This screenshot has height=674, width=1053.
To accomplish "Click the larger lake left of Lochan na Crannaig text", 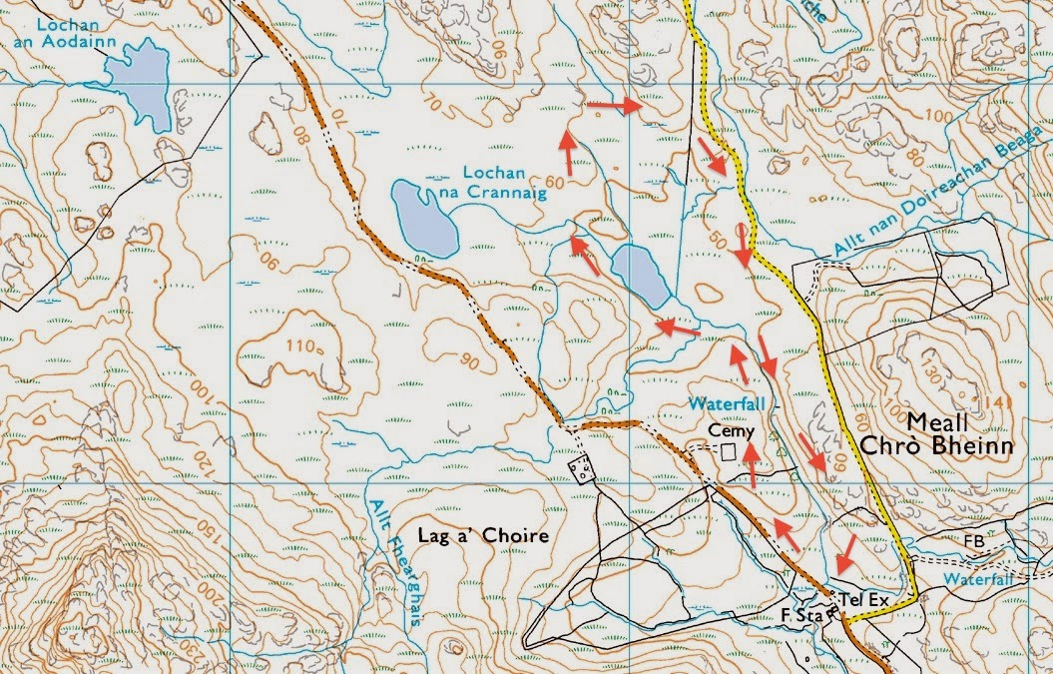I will point(424,217).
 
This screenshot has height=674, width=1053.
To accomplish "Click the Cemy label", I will point(728,430).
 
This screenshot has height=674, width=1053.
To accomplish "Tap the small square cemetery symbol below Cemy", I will point(728,452).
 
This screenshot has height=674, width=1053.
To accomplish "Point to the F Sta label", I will point(800,616).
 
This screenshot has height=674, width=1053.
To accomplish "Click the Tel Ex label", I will point(864,599).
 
